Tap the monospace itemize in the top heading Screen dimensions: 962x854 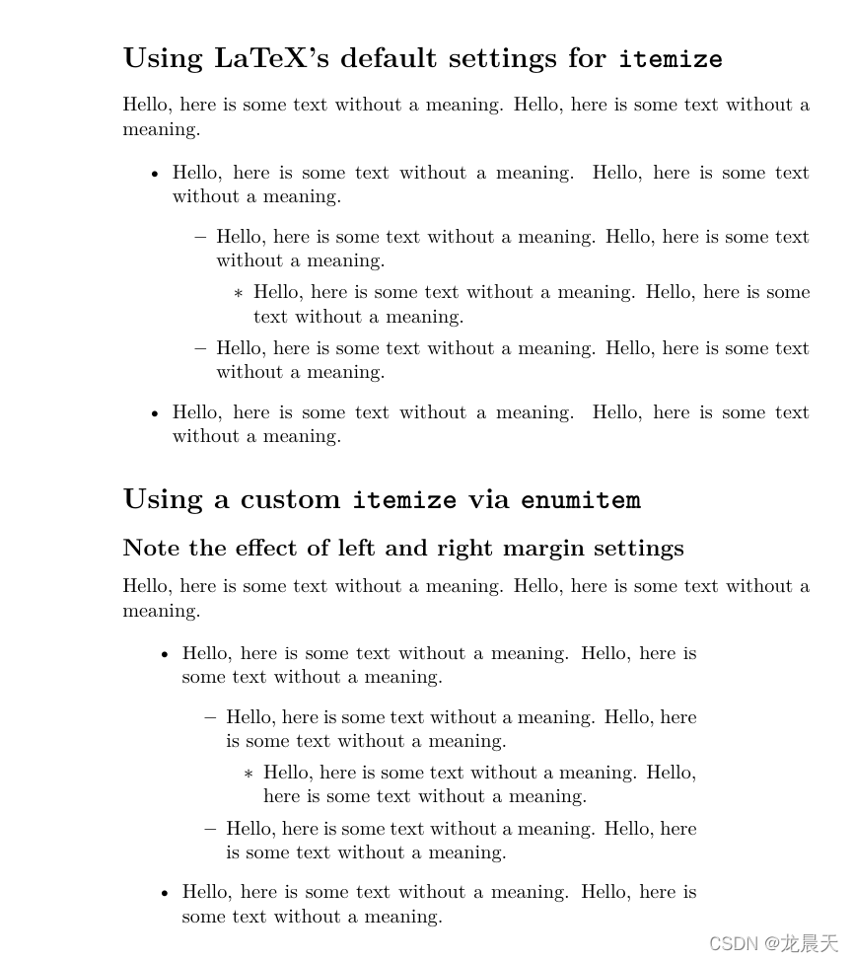(671, 59)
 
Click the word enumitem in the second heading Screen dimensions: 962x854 (581, 500)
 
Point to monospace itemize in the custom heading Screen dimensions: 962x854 (404, 500)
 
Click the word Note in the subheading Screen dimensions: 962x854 (146, 548)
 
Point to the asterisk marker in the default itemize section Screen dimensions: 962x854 (238, 294)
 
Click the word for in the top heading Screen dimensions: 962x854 (587, 58)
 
